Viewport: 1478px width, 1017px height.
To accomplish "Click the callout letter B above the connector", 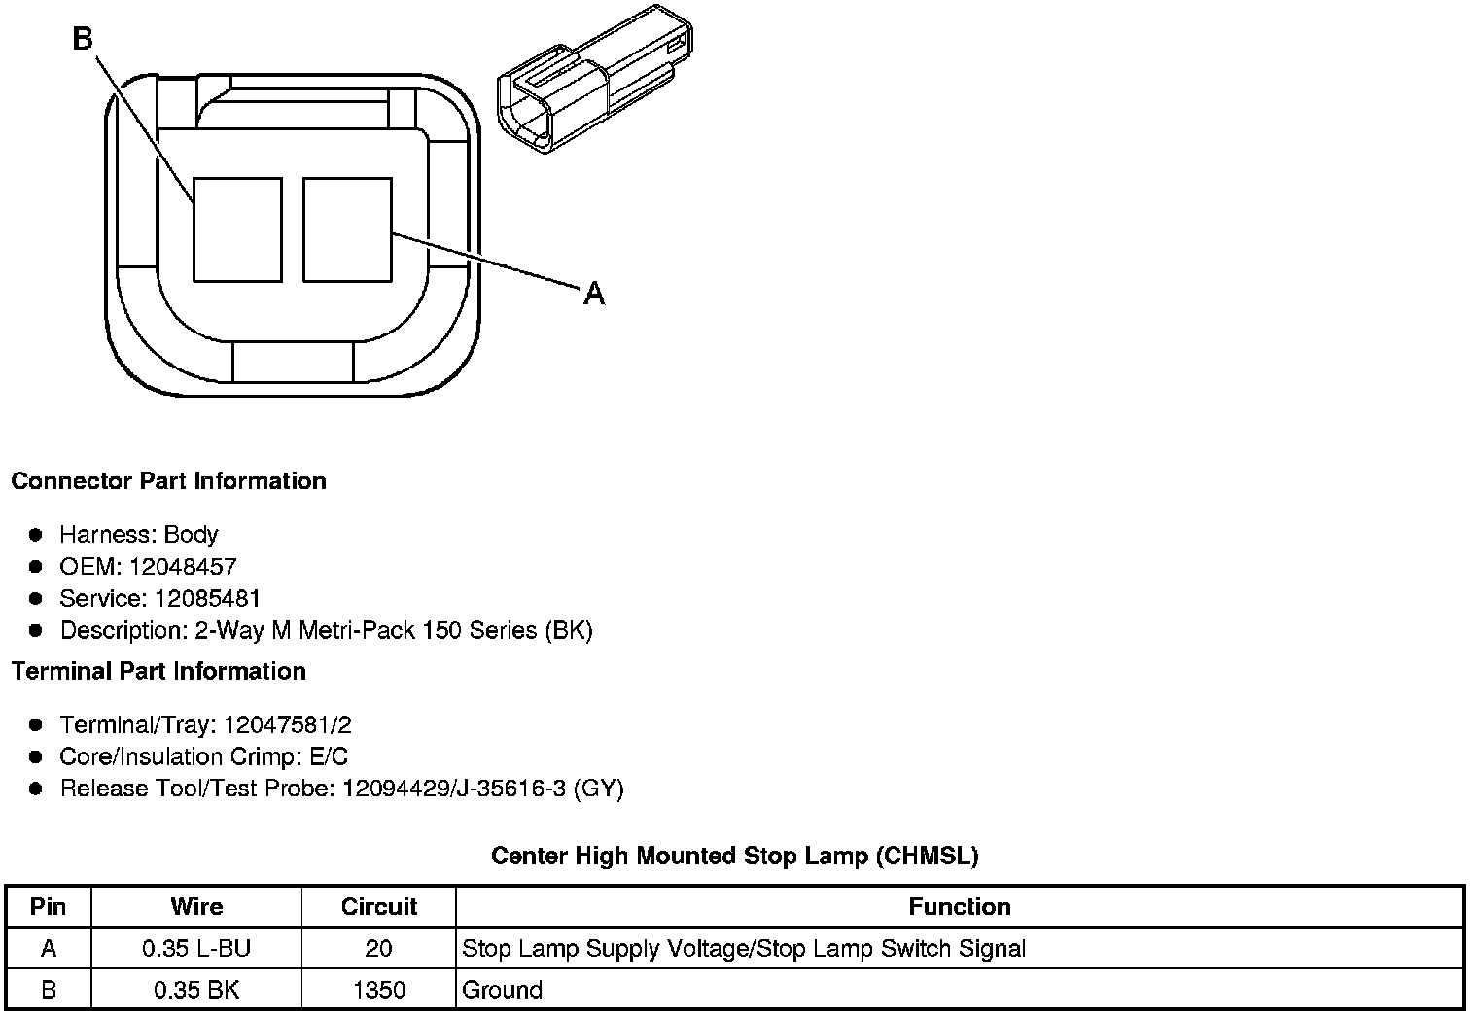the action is point(83,39).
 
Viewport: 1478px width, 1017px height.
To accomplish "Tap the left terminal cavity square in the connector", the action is point(237,229).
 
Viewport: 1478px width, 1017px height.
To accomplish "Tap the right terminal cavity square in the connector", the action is point(347,229).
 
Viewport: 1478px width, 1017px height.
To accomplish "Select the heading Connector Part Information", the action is point(168,481).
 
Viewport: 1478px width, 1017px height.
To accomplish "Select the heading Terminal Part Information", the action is point(158,671).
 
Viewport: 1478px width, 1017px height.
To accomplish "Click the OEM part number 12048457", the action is point(183,567).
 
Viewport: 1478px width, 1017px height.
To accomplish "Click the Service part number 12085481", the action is point(207,598).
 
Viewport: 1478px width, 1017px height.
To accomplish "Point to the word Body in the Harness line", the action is point(191,535).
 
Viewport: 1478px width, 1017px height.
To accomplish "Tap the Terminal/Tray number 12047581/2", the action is point(287,724).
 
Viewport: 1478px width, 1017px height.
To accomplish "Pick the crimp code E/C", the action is point(327,756).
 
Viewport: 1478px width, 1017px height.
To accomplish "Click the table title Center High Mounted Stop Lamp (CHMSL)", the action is point(734,856).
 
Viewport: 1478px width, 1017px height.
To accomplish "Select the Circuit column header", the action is point(378,907).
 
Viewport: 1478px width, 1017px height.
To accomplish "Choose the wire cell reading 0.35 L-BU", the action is point(196,949).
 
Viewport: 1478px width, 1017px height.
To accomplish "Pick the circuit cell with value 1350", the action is point(378,990).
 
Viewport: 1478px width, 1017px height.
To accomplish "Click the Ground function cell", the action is point(502,990).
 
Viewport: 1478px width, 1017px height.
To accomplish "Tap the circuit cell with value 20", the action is point(378,949).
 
